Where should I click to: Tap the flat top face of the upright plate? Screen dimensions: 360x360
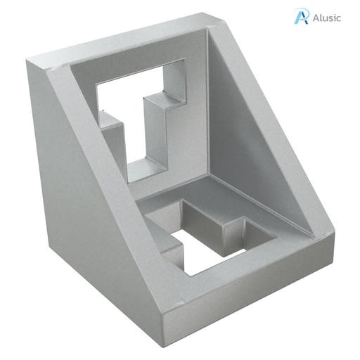pyautogui.click(x=127, y=46)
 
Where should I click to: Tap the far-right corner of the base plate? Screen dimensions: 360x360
pyautogui.click(x=336, y=243)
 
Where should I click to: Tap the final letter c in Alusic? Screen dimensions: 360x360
pyautogui.click(x=339, y=18)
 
